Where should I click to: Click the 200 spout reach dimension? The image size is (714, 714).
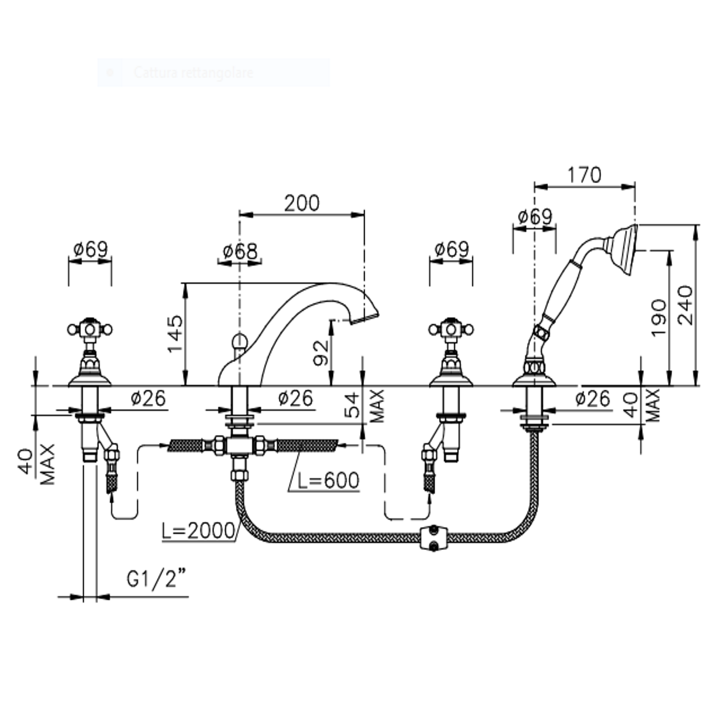(302, 203)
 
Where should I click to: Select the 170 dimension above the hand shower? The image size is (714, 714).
(584, 175)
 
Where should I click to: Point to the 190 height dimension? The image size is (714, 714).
(659, 318)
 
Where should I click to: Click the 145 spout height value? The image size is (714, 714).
(175, 333)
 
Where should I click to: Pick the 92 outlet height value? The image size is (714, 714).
(321, 353)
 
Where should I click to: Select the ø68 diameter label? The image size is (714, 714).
(240, 251)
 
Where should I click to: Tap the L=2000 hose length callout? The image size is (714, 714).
(198, 531)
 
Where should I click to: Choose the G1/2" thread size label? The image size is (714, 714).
(157, 579)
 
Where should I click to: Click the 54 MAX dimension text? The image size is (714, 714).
(364, 405)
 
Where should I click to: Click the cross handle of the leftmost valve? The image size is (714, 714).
(90, 329)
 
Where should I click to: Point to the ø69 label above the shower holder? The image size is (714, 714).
(535, 216)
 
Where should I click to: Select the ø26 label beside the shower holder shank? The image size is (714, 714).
(592, 399)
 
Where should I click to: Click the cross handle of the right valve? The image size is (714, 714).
(451, 329)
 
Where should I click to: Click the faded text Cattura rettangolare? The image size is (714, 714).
(194, 72)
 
